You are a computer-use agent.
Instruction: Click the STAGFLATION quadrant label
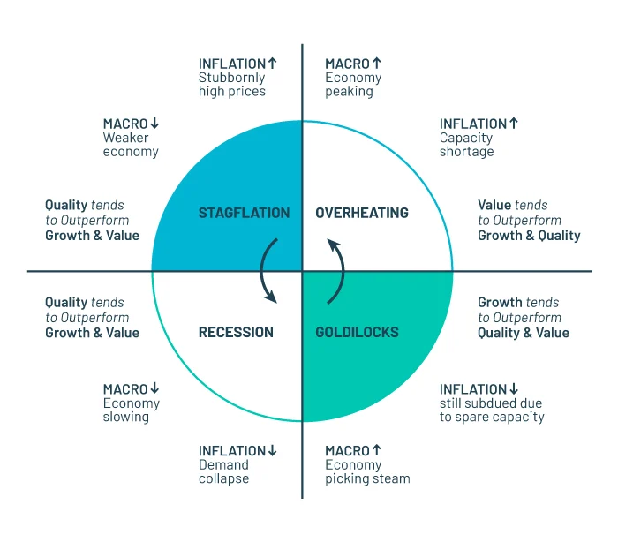(244, 213)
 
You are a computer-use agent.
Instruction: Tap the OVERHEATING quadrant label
(362, 213)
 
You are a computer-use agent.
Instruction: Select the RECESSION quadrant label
(236, 333)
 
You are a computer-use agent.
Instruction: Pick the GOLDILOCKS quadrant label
(357, 333)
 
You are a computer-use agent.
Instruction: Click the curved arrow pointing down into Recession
(268, 271)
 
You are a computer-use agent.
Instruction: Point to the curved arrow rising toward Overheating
(336, 271)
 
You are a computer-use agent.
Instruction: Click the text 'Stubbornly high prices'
(231, 85)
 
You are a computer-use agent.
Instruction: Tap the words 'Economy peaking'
(353, 85)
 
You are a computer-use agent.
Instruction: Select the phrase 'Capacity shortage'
(467, 145)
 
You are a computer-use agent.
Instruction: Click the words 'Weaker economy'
(131, 145)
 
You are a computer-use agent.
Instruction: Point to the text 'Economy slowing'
(131, 410)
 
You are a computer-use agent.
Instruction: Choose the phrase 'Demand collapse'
(223, 471)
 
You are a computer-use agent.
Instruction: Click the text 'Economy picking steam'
(367, 471)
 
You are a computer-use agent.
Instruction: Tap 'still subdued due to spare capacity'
(492, 410)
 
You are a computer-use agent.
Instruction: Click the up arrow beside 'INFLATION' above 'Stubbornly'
(273, 64)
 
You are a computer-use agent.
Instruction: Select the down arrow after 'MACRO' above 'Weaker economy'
(154, 124)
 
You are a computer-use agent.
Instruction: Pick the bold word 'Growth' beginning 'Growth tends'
(498, 303)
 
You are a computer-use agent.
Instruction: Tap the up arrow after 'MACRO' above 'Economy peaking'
(377, 64)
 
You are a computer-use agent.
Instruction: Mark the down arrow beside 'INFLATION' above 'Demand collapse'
(273, 451)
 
